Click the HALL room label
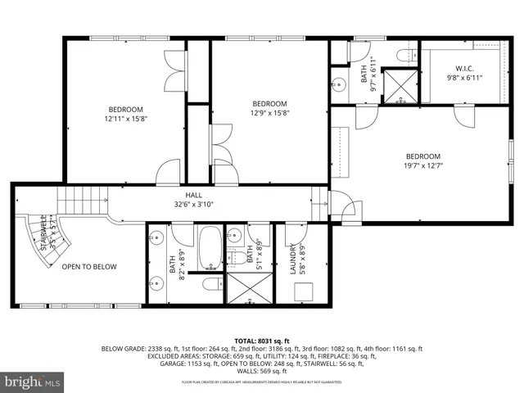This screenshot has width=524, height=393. tap(193, 195)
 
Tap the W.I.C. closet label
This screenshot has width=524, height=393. tap(463, 68)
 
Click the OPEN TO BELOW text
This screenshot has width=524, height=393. tap(89, 267)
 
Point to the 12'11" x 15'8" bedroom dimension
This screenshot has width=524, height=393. tap(125, 119)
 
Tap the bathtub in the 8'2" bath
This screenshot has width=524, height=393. tap(209, 246)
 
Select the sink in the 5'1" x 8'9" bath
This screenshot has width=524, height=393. tap(234, 236)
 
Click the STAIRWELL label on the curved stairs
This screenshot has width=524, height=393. tap(34, 233)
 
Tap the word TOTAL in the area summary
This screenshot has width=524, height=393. tap(246, 340)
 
